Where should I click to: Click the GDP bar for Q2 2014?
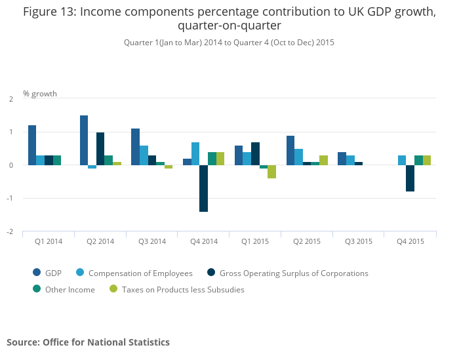[x=84, y=140]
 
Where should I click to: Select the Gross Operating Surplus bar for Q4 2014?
[x=204, y=188]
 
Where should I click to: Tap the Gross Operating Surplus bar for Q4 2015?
[x=410, y=178]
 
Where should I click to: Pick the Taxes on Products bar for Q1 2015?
[x=271, y=172]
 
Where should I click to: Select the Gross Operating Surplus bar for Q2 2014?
[x=100, y=149]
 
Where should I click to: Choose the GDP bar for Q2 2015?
[x=290, y=150]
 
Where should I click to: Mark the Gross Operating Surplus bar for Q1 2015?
[x=255, y=153]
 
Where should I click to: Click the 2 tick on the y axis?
[x=11, y=99]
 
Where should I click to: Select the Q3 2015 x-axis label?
[x=359, y=241]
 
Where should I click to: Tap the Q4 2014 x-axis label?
[x=203, y=241]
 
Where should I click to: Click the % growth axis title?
[x=40, y=94]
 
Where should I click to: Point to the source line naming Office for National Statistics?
[x=88, y=342]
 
